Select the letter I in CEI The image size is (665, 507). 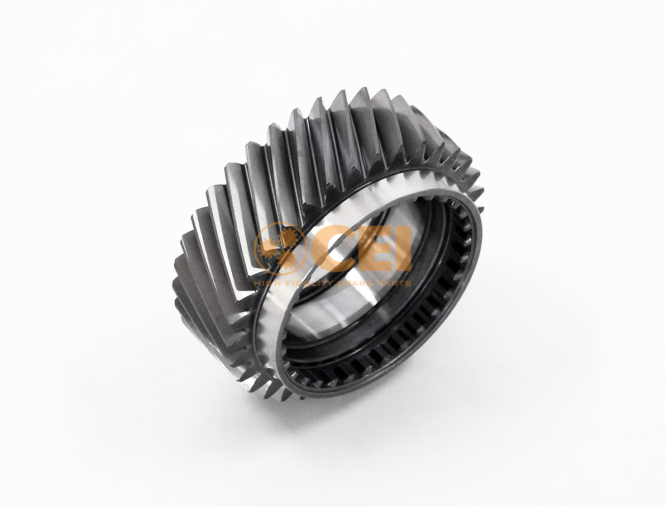click(x=403, y=249)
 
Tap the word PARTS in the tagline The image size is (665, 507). click(x=394, y=283)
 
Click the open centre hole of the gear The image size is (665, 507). click(x=380, y=302)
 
